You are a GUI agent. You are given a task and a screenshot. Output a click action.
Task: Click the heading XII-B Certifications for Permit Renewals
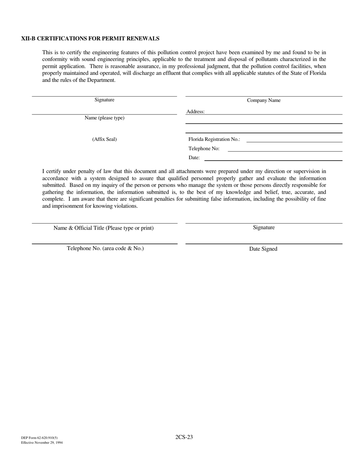[x=90, y=39]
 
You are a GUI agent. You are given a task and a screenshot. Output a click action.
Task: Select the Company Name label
[x=264, y=100]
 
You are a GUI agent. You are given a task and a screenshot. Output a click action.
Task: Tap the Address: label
[x=196, y=112]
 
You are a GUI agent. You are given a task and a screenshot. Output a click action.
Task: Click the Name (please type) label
[x=104, y=118]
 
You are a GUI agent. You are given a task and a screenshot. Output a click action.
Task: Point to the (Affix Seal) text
[x=104, y=139]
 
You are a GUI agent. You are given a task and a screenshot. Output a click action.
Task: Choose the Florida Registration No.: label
[x=214, y=139]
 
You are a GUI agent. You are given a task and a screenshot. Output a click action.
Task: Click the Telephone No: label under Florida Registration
[x=204, y=149]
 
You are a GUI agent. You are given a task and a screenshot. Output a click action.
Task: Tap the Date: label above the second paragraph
[x=194, y=158]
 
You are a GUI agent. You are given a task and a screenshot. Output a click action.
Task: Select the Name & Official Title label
[x=103, y=228]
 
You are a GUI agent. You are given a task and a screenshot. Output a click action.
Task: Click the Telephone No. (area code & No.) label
[x=105, y=249]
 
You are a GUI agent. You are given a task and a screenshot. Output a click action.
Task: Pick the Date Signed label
[x=263, y=249]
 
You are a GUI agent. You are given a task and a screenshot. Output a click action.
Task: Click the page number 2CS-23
[x=184, y=437]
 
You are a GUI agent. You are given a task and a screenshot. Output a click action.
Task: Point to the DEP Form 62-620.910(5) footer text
[x=39, y=438]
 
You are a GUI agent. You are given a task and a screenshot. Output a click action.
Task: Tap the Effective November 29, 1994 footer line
[x=42, y=443]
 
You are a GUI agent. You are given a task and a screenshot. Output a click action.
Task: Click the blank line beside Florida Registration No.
[x=294, y=141]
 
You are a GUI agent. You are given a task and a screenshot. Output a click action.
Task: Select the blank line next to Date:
[x=273, y=160]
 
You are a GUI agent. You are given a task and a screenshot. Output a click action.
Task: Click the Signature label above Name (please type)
[x=104, y=100]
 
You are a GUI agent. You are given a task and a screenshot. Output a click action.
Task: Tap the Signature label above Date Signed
[x=264, y=228]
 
